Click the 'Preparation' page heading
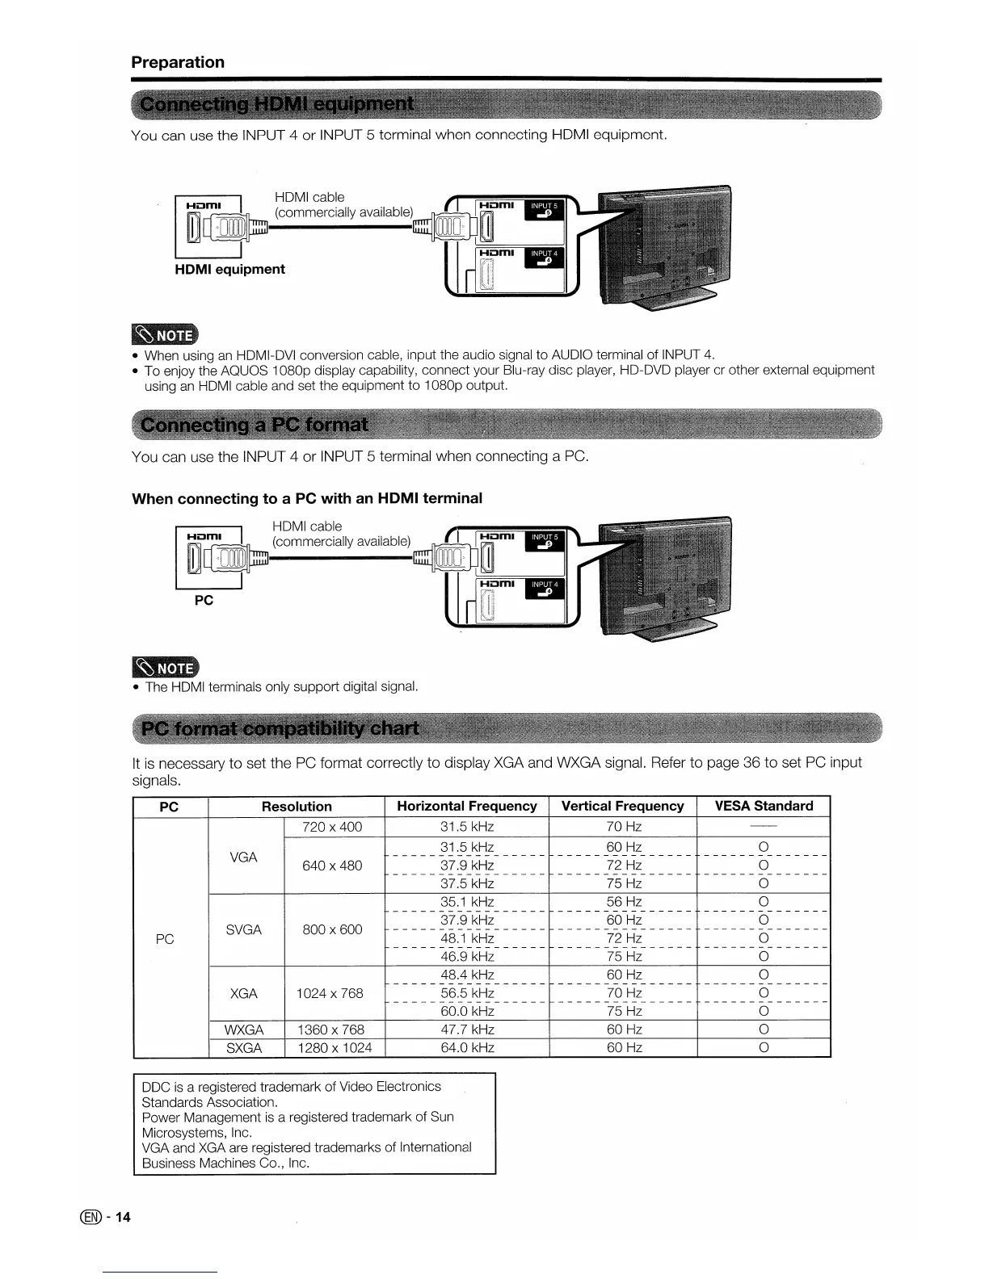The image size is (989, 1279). point(178,62)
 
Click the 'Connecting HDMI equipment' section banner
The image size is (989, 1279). point(277,106)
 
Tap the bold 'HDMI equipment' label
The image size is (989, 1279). point(229,269)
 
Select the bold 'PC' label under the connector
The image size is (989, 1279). point(204,600)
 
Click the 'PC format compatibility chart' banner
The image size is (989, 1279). point(280,729)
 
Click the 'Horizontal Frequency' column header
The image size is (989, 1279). point(466,806)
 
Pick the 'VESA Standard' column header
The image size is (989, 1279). point(764,806)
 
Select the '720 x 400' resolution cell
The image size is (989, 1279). point(332,827)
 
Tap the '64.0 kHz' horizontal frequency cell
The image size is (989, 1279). point(467,1048)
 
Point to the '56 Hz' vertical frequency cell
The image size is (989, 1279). point(624,902)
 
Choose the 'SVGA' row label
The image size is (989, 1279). point(244,929)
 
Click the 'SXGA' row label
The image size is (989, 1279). point(244,1048)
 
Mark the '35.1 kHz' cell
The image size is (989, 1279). point(467,902)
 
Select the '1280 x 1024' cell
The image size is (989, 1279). point(335,1048)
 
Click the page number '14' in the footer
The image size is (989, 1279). point(122,1218)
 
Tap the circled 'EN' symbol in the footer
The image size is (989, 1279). point(99,1218)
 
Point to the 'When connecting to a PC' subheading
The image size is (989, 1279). point(307,498)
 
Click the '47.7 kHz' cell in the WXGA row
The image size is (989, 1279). point(467,1029)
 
